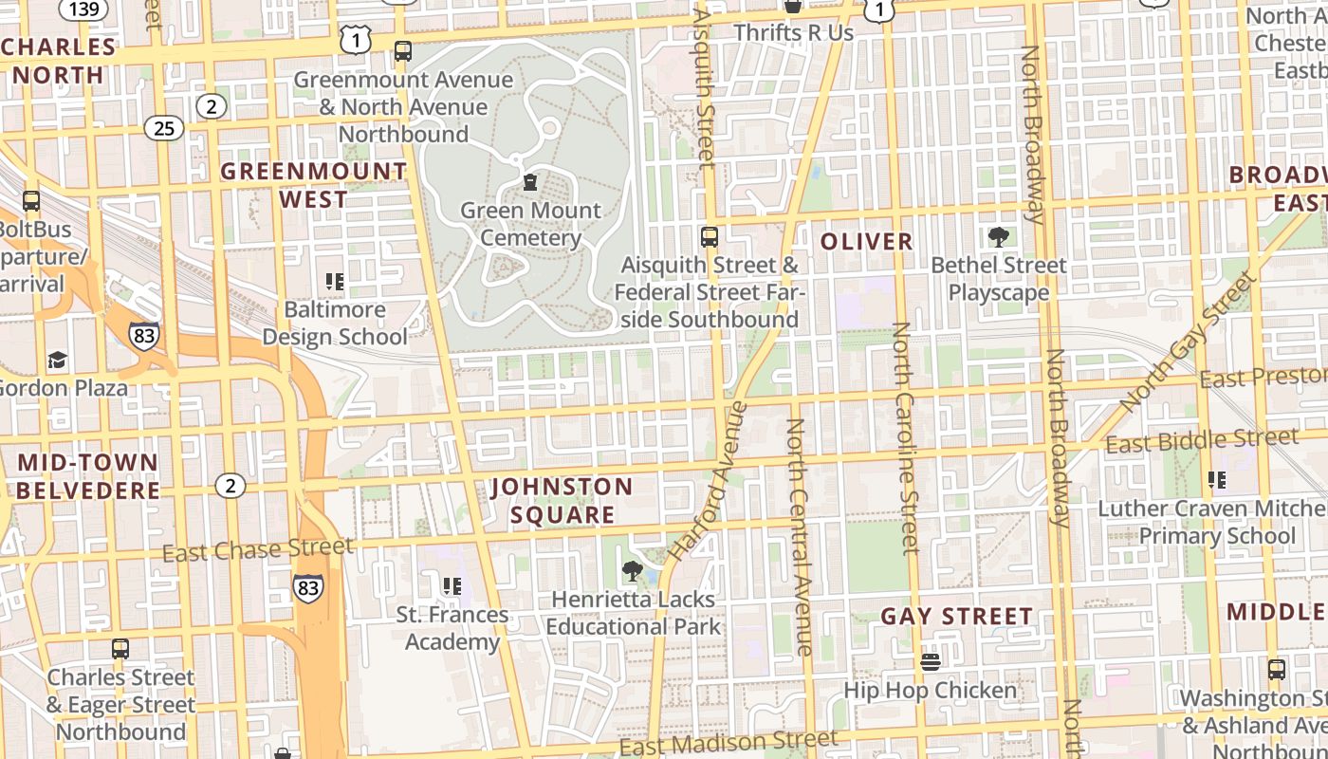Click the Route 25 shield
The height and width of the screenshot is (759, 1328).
pyautogui.click(x=165, y=127)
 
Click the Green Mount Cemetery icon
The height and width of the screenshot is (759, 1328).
pyautogui.click(x=530, y=181)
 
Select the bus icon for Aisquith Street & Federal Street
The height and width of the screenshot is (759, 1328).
pyautogui.click(x=709, y=236)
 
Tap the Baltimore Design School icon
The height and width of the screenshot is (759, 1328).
pyautogui.click(x=334, y=281)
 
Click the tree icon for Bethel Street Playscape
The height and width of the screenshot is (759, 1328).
pyautogui.click(x=998, y=236)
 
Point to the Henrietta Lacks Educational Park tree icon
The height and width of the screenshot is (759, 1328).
pyautogui.click(x=632, y=571)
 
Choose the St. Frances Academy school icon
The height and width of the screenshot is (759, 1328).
pyautogui.click(x=452, y=586)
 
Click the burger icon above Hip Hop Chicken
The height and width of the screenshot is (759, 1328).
pyautogui.click(x=930, y=661)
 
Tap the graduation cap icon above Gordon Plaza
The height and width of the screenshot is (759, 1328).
pyautogui.click(x=58, y=360)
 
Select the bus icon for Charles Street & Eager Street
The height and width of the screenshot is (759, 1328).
pyautogui.click(x=120, y=649)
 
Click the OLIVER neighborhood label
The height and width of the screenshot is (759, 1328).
pyautogui.click(x=866, y=242)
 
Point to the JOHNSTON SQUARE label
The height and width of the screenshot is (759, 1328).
pyautogui.click(x=562, y=501)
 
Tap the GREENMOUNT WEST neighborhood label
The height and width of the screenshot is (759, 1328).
pyautogui.click(x=314, y=185)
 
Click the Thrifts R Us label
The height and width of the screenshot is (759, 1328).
pyautogui.click(x=793, y=32)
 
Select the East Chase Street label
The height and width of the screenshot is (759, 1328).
pyautogui.click(x=257, y=548)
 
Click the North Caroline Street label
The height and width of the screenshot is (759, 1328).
pyautogui.click(x=905, y=436)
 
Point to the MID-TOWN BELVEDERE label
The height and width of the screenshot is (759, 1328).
pyautogui.click(x=88, y=476)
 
